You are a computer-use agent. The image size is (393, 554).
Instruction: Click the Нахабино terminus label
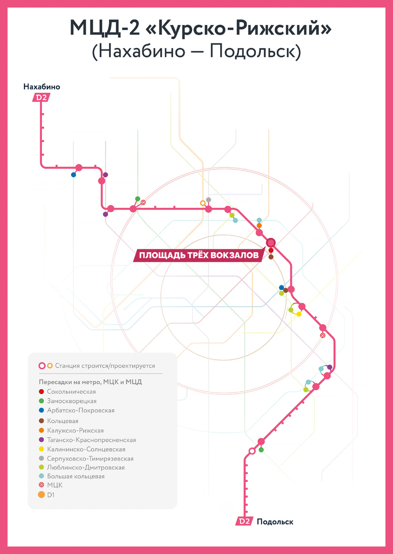(x=42, y=87)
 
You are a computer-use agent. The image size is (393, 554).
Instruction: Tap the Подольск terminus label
(x=275, y=522)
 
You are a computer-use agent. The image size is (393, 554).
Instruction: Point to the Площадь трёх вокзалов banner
(x=199, y=255)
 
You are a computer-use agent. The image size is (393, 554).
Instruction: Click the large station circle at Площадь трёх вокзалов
(x=271, y=242)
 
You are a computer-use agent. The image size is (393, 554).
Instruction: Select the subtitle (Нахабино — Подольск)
(x=196, y=51)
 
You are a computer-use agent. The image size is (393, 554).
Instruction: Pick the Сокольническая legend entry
(x=71, y=391)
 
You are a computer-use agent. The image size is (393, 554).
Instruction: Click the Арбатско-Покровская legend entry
(x=80, y=410)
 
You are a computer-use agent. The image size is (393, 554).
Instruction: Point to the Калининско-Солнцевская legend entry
(x=86, y=449)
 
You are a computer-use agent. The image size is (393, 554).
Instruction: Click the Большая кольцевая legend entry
(x=76, y=476)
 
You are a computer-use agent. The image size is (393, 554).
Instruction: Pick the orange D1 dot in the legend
(x=42, y=495)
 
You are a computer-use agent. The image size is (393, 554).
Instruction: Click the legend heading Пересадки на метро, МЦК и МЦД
(x=90, y=382)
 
